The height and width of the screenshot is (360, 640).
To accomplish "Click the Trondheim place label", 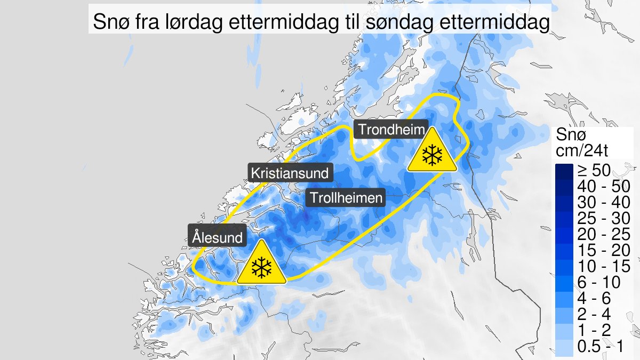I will click(x=392, y=130).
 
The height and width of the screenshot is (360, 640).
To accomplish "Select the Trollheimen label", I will click(x=346, y=198).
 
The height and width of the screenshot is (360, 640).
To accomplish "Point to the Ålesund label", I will click(x=218, y=237).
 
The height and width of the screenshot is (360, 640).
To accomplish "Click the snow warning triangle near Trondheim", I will click(x=432, y=153).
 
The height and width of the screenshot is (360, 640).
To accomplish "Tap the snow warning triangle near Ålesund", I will click(x=261, y=265).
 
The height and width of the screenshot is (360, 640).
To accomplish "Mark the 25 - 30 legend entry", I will click(x=603, y=218).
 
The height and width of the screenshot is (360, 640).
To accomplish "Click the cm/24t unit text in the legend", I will click(x=582, y=151).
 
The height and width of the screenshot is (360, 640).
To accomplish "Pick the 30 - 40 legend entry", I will click(x=603, y=202).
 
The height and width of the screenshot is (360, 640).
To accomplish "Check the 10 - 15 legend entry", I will click(x=603, y=266).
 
